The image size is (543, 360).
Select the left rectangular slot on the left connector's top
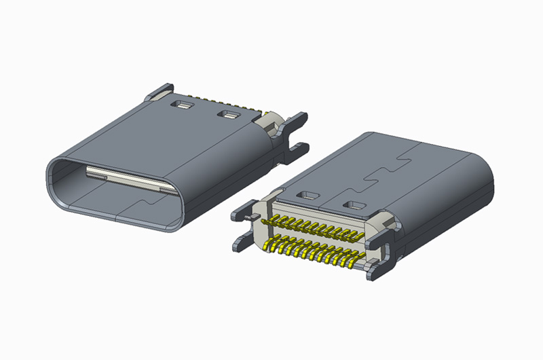(x=183, y=105)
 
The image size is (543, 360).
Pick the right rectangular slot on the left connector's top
(x=227, y=114)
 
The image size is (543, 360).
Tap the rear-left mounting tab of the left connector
(x=158, y=92)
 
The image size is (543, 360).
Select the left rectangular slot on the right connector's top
(x=309, y=196)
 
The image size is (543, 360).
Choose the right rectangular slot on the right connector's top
(x=354, y=204)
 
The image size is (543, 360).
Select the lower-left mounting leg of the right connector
(x=242, y=242)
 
